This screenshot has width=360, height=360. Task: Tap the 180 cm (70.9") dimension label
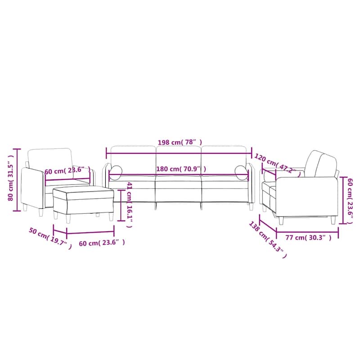pyautogui.click(x=181, y=169)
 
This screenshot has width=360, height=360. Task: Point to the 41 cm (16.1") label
pyautogui.click(x=130, y=205)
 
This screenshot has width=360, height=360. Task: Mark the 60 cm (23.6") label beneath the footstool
pyautogui.click(x=102, y=243)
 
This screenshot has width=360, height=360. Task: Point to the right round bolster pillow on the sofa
pyautogui.click(x=241, y=171)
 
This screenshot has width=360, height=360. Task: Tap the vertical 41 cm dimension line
pyautogui.click(x=120, y=205)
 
